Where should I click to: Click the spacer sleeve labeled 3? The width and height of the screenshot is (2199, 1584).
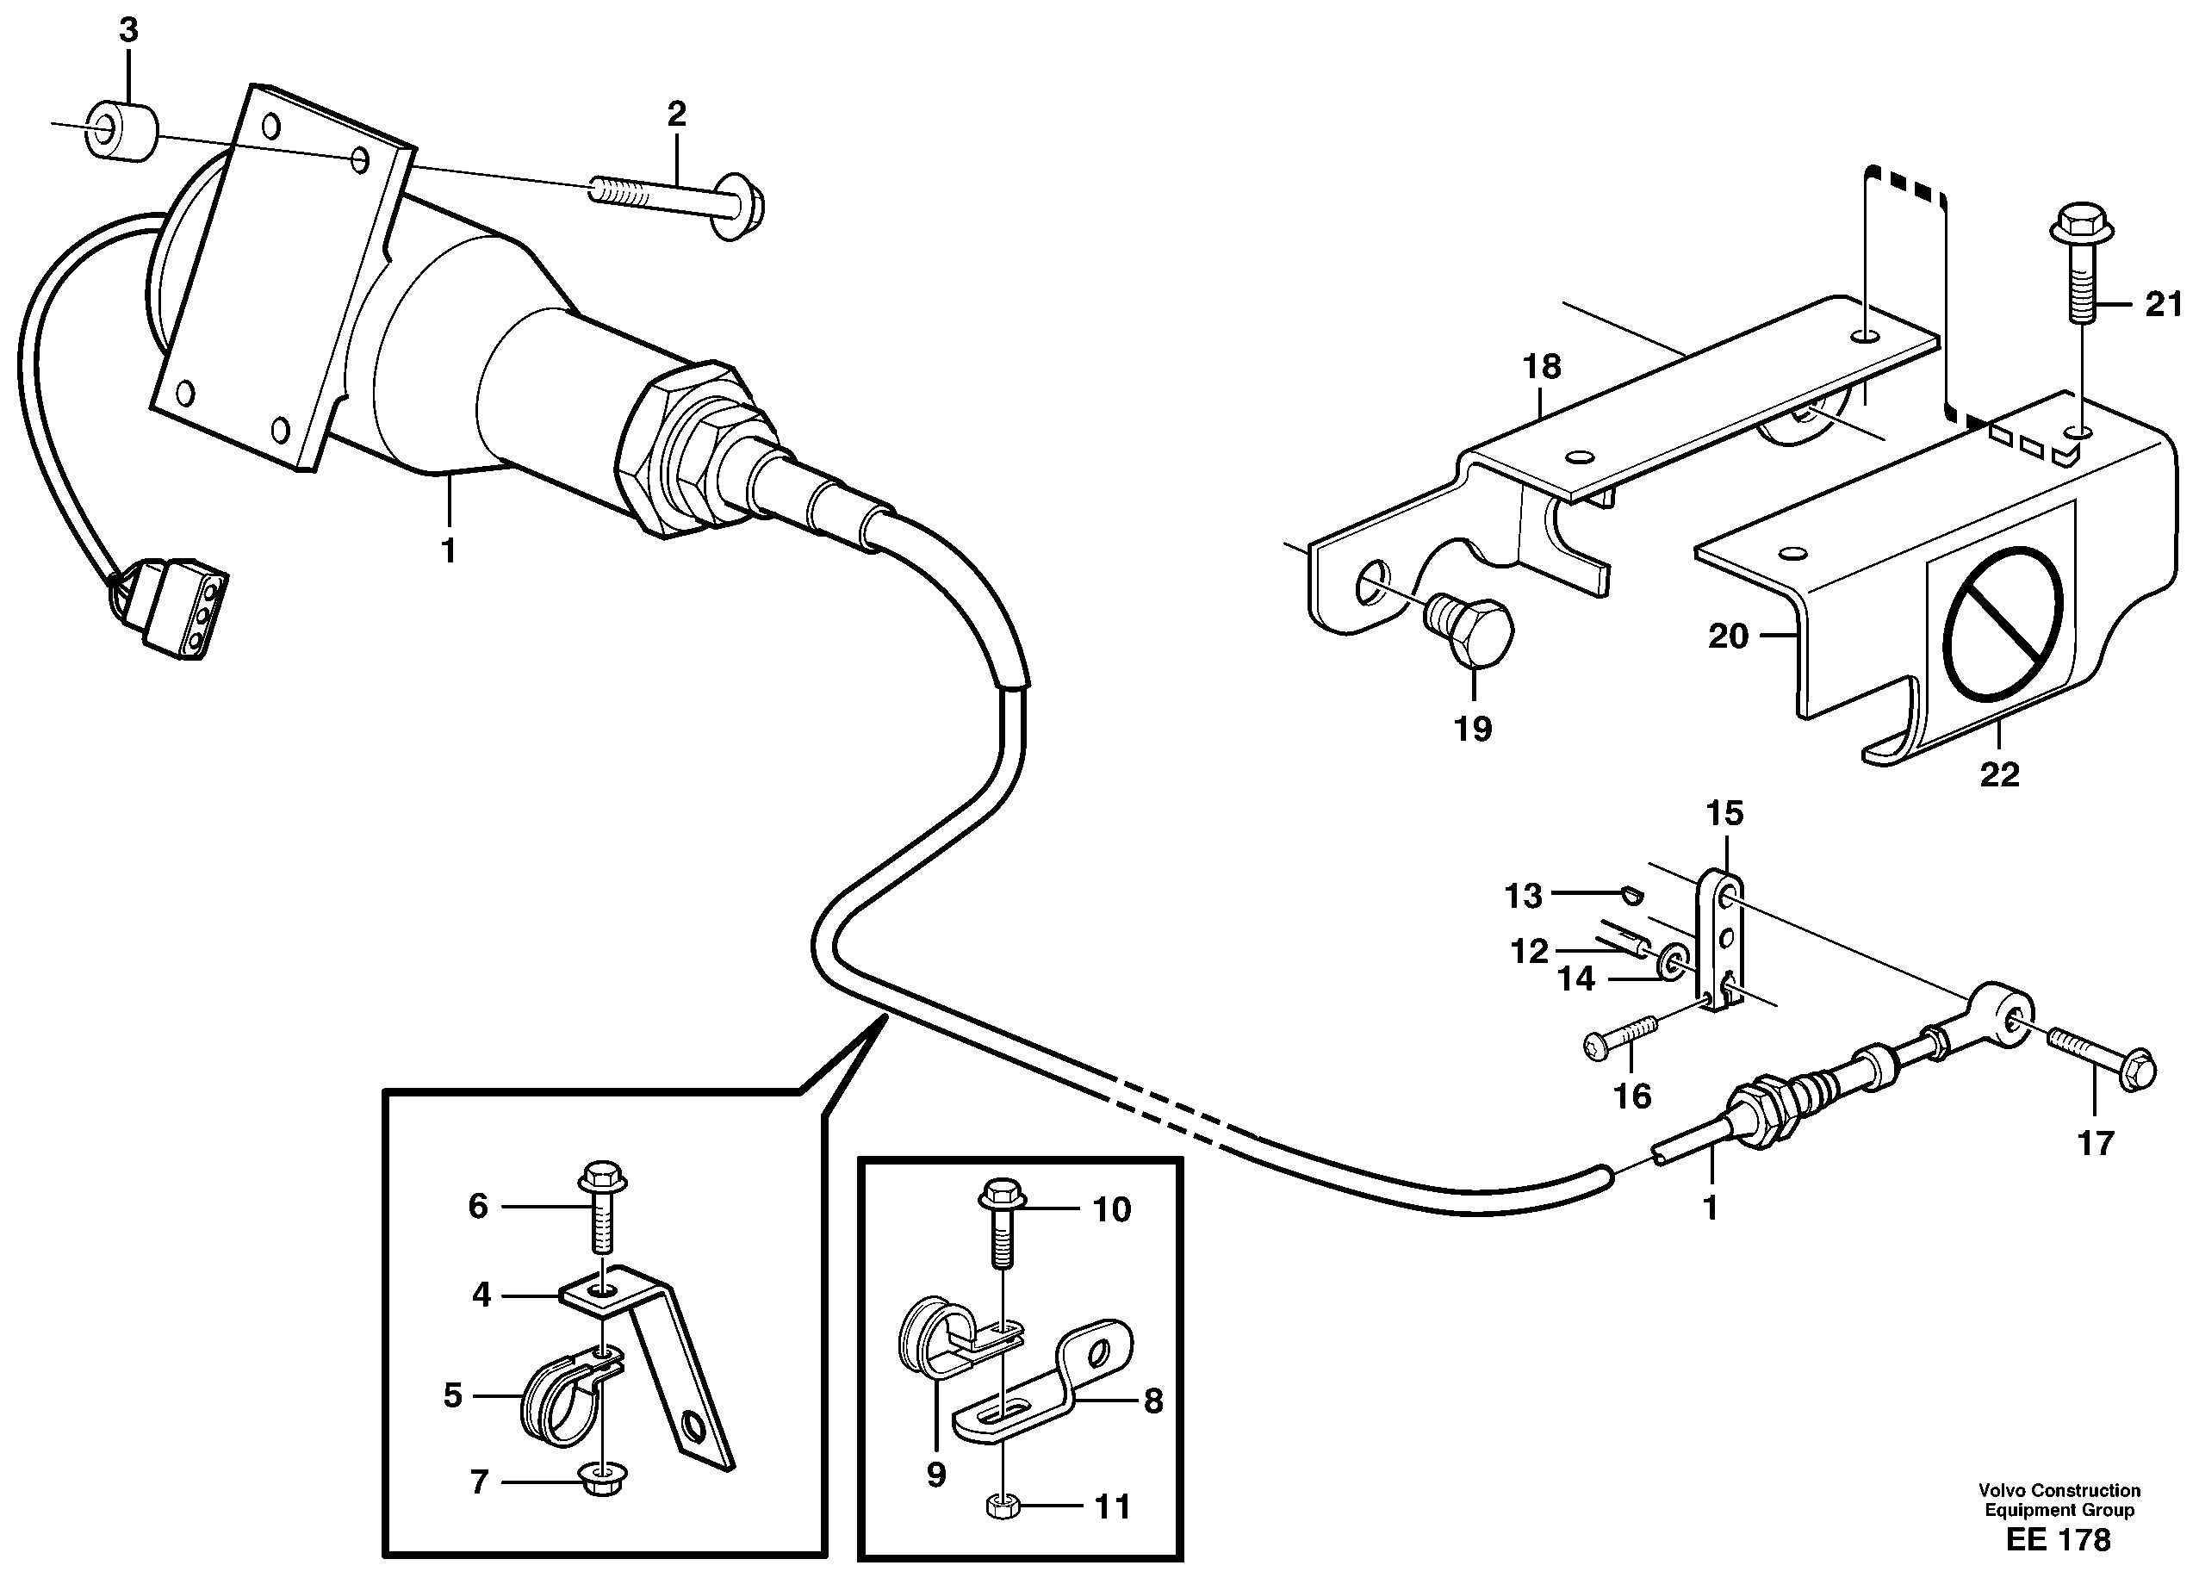click(x=121, y=130)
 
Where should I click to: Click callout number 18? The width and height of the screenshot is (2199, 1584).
click(x=1542, y=368)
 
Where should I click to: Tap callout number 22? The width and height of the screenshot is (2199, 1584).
click(x=1999, y=774)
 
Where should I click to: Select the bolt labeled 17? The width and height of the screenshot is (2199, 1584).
click(x=2100, y=1066)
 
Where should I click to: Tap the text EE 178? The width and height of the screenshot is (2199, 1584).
click(x=2058, y=1539)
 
